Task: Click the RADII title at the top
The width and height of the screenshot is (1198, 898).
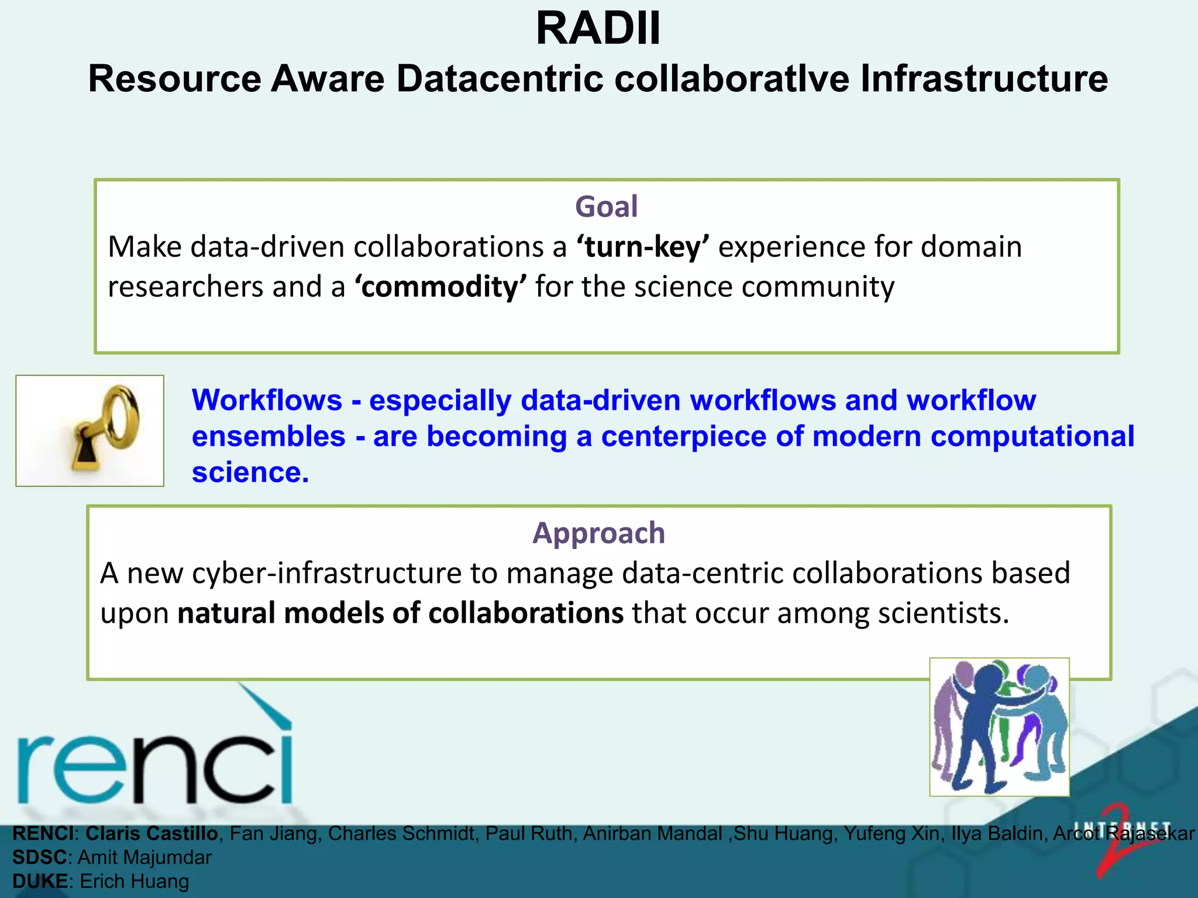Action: pos(598,29)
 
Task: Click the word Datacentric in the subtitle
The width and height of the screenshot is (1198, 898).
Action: pos(500,79)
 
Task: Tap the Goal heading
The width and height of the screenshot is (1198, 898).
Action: pos(606,207)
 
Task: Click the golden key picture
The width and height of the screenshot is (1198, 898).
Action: pos(90,431)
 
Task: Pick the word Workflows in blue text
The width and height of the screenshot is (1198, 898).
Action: pos(267,401)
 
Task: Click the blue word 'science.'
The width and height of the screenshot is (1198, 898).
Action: pos(250,472)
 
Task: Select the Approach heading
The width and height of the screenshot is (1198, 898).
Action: pos(598,533)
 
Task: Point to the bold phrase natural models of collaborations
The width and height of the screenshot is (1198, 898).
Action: pos(401,613)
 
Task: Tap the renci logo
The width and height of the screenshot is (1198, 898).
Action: pos(155,754)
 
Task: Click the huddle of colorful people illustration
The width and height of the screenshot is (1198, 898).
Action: pos(999,727)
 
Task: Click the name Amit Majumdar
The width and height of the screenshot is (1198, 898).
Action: pos(144,858)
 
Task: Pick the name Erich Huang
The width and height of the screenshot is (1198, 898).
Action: pos(134,882)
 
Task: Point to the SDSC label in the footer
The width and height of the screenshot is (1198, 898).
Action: pos(39,858)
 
